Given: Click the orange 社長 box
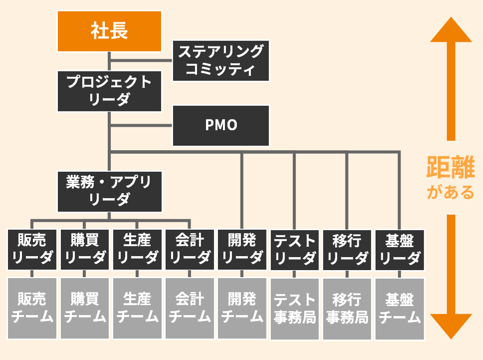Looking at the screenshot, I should (x=109, y=31).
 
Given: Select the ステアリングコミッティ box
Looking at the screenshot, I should (x=221, y=60).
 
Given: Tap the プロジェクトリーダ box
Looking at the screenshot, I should (x=109, y=91).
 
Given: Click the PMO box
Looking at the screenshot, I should (x=221, y=125).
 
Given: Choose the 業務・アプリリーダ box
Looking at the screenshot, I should (x=109, y=192).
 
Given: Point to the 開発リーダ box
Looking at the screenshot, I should (x=242, y=250).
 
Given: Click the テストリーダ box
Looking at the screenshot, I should (x=295, y=250).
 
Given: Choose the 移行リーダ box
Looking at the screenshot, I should (x=347, y=250).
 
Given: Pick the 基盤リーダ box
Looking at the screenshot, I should (x=400, y=250).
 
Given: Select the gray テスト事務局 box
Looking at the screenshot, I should (x=295, y=308).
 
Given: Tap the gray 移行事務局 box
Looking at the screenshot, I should (x=347, y=308).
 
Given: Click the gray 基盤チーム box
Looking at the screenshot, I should (x=400, y=308).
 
